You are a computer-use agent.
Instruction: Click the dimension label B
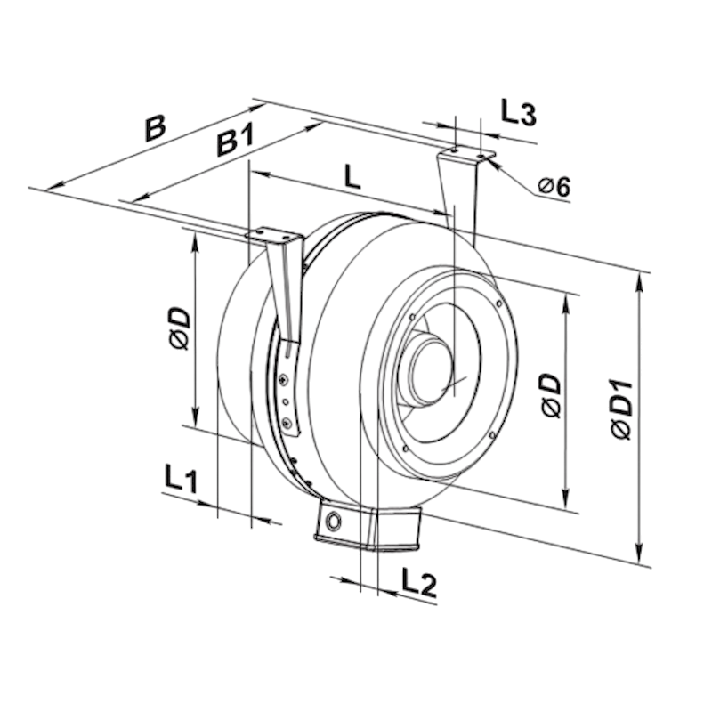pyautogui.click(x=155, y=128)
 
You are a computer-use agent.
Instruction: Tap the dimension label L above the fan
pyautogui.click(x=352, y=176)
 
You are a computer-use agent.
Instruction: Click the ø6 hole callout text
pyautogui.click(x=554, y=187)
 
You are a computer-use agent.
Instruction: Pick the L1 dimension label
pyautogui.click(x=181, y=479)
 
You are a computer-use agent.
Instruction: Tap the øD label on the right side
pyautogui.click(x=551, y=396)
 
